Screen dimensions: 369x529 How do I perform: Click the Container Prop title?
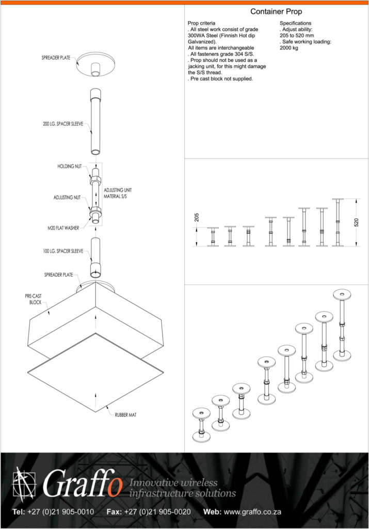coord(276,11)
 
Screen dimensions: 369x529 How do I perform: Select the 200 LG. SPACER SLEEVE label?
coord(63,124)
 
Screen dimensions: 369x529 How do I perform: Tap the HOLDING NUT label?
coord(70,166)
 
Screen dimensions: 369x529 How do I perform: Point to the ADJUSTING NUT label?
coord(67,197)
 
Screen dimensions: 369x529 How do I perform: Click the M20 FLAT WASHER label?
coord(63,228)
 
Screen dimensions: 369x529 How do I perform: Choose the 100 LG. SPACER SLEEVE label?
coord(63,251)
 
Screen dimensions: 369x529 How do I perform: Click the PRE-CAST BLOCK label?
coord(34,299)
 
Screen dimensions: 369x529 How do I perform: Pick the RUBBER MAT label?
coord(126,415)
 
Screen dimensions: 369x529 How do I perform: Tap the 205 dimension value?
coord(197,217)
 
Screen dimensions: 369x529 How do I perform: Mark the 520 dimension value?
coord(357,222)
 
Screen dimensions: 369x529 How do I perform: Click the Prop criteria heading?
coord(201,23)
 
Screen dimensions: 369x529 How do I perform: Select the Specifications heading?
coord(296,23)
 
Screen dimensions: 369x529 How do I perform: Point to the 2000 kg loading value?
coord(289,48)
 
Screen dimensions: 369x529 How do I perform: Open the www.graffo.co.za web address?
coord(252,512)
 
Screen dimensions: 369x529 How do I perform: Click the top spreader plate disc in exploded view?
coord(95,64)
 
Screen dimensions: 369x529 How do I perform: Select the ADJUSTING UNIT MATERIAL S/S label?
coord(118,193)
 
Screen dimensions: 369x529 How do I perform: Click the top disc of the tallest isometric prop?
coord(342,294)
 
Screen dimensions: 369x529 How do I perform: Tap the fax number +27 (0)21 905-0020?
coord(157,512)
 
